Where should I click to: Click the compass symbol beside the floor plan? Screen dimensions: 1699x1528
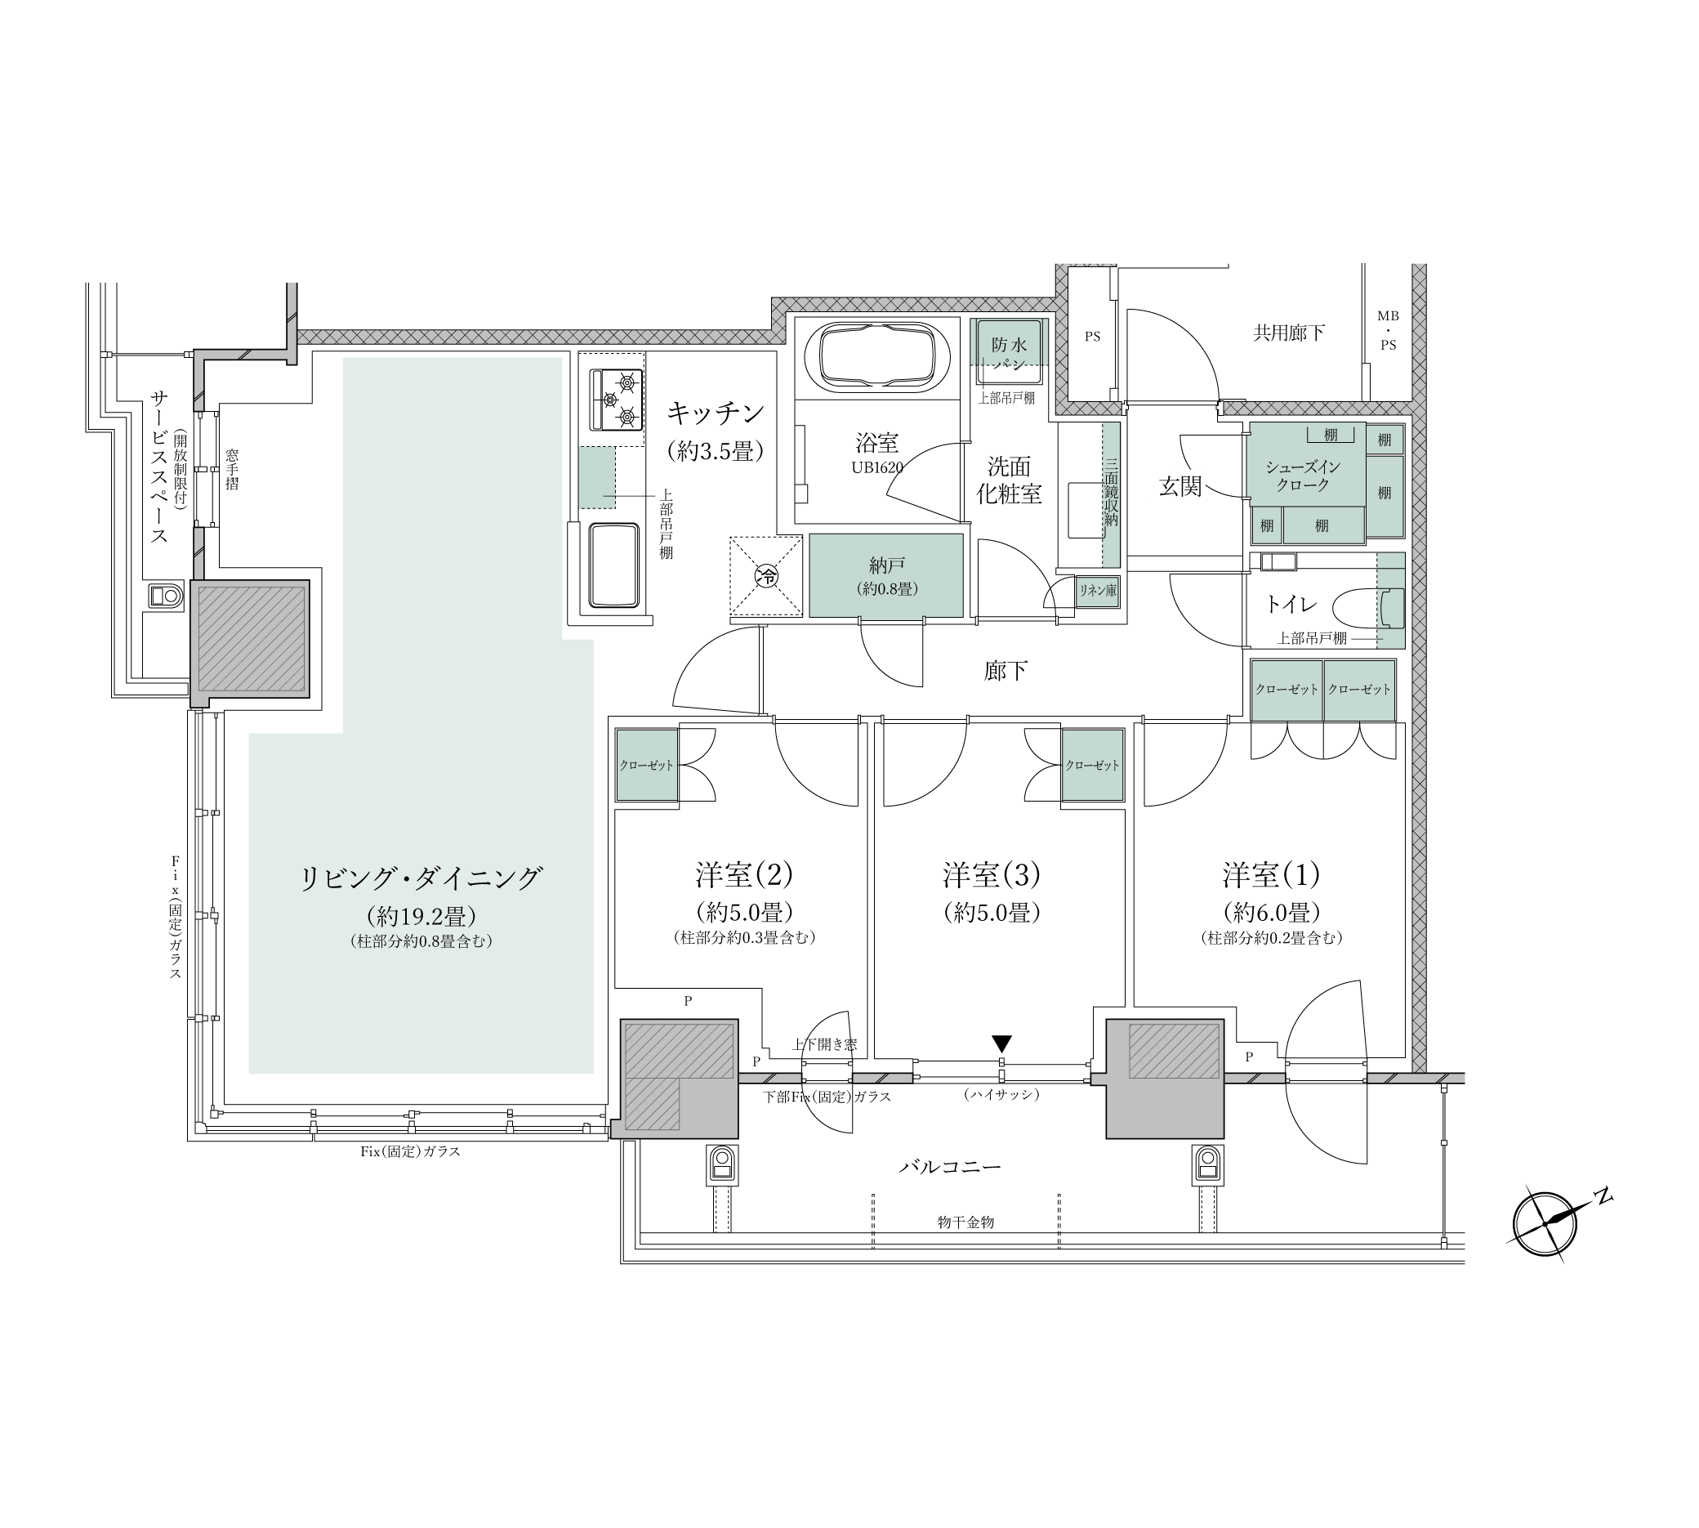point(1545,1225)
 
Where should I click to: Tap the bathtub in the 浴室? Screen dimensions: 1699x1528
point(877,357)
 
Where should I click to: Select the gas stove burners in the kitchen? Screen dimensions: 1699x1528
point(621,399)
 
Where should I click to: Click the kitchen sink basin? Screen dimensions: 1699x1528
point(618,564)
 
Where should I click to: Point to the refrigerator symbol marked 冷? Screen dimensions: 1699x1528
point(765,576)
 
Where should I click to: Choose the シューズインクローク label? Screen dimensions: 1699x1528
point(1303,476)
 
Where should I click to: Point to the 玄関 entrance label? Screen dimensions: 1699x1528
point(1180,486)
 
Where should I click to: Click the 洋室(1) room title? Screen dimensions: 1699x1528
point(1271,876)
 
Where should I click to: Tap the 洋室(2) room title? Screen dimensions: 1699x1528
point(744,876)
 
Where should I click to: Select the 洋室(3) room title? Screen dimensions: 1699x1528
point(992,876)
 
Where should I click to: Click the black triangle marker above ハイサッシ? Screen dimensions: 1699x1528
point(1001,1043)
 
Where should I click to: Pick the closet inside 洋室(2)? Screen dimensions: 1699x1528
point(646,765)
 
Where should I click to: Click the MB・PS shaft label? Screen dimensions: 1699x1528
point(1388,330)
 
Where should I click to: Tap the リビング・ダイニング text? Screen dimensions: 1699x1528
point(421,879)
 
